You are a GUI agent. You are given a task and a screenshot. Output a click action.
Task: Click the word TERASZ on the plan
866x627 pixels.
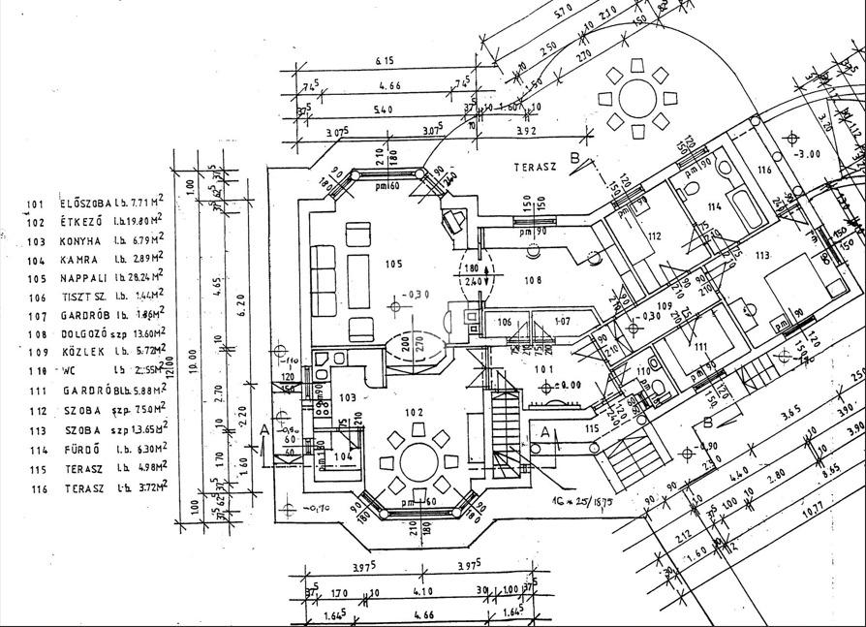coord(534,167)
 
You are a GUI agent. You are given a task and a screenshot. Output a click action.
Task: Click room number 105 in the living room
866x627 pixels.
coord(392,264)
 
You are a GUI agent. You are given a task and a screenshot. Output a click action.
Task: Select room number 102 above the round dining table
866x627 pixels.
coord(415,412)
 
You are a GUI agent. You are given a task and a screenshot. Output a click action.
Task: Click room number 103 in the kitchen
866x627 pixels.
coord(347,397)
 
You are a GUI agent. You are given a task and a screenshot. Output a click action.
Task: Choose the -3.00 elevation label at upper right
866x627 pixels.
coord(806,154)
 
